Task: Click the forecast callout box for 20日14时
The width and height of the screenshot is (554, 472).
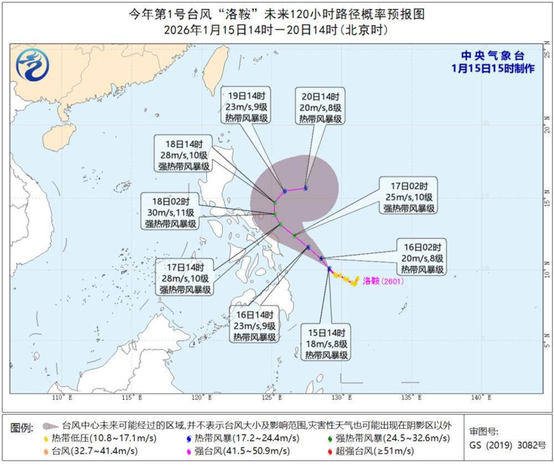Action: [x=321, y=106]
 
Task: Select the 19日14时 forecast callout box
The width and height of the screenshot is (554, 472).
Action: [x=247, y=106]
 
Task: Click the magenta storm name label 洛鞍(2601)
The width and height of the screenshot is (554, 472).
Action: [x=383, y=281]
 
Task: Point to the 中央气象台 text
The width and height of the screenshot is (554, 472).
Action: [x=493, y=56]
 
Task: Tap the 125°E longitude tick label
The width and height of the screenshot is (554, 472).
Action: [x=269, y=398]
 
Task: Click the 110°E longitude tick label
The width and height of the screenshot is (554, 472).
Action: [x=59, y=398]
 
